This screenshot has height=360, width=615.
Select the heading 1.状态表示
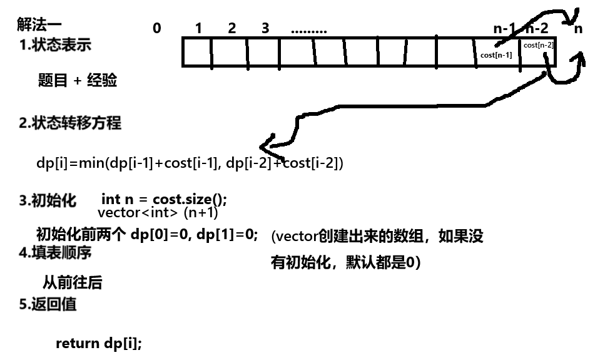coord(55,45)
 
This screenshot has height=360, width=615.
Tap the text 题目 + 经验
coord(78,81)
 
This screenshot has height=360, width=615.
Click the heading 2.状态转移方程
coord(69,123)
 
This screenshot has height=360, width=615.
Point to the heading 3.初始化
coord(48,200)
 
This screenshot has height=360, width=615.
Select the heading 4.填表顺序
coord(55,252)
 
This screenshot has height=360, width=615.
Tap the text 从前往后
coord(72,282)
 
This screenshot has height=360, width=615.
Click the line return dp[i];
coord(99,344)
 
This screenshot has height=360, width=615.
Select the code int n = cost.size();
coord(164,200)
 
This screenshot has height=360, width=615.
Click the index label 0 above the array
coord(156,28)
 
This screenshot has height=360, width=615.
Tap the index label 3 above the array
coord(265,28)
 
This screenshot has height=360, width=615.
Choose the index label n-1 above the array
coord(505,28)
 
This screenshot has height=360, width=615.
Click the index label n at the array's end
coord(578,28)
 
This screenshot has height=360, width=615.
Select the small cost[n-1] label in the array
coord(496,55)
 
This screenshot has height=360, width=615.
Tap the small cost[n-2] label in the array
coord(538,44)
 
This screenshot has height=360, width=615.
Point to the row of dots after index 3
coord(309,29)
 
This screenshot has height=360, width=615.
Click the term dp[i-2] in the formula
coord(249,163)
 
